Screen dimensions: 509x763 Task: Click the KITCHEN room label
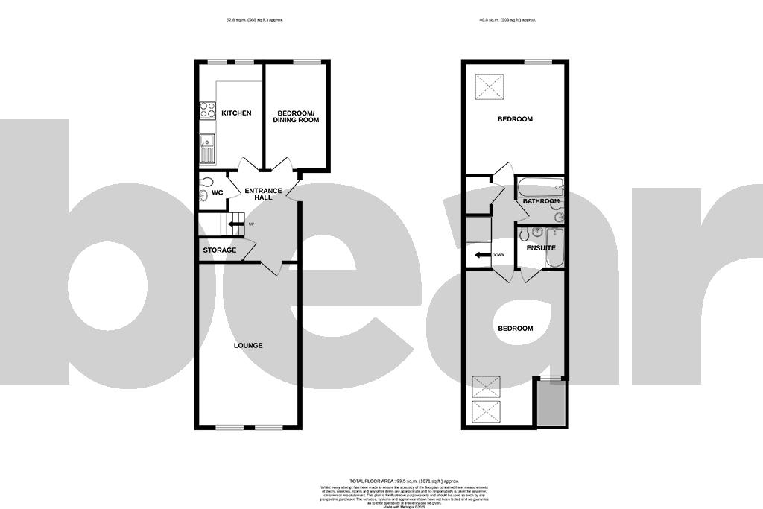236,113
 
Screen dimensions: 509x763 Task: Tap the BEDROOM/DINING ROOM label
296,116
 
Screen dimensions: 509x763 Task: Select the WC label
218,193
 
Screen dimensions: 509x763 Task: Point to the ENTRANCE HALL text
264,195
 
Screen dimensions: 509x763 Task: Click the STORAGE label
220,250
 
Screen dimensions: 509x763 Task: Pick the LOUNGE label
248,345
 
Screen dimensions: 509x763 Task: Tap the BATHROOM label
541,201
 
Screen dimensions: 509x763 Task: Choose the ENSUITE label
541,247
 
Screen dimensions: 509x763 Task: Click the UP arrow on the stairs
237,223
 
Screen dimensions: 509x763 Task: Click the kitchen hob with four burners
206,110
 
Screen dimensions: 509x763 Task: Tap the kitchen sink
207,148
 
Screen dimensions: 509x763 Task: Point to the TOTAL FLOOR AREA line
404,481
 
